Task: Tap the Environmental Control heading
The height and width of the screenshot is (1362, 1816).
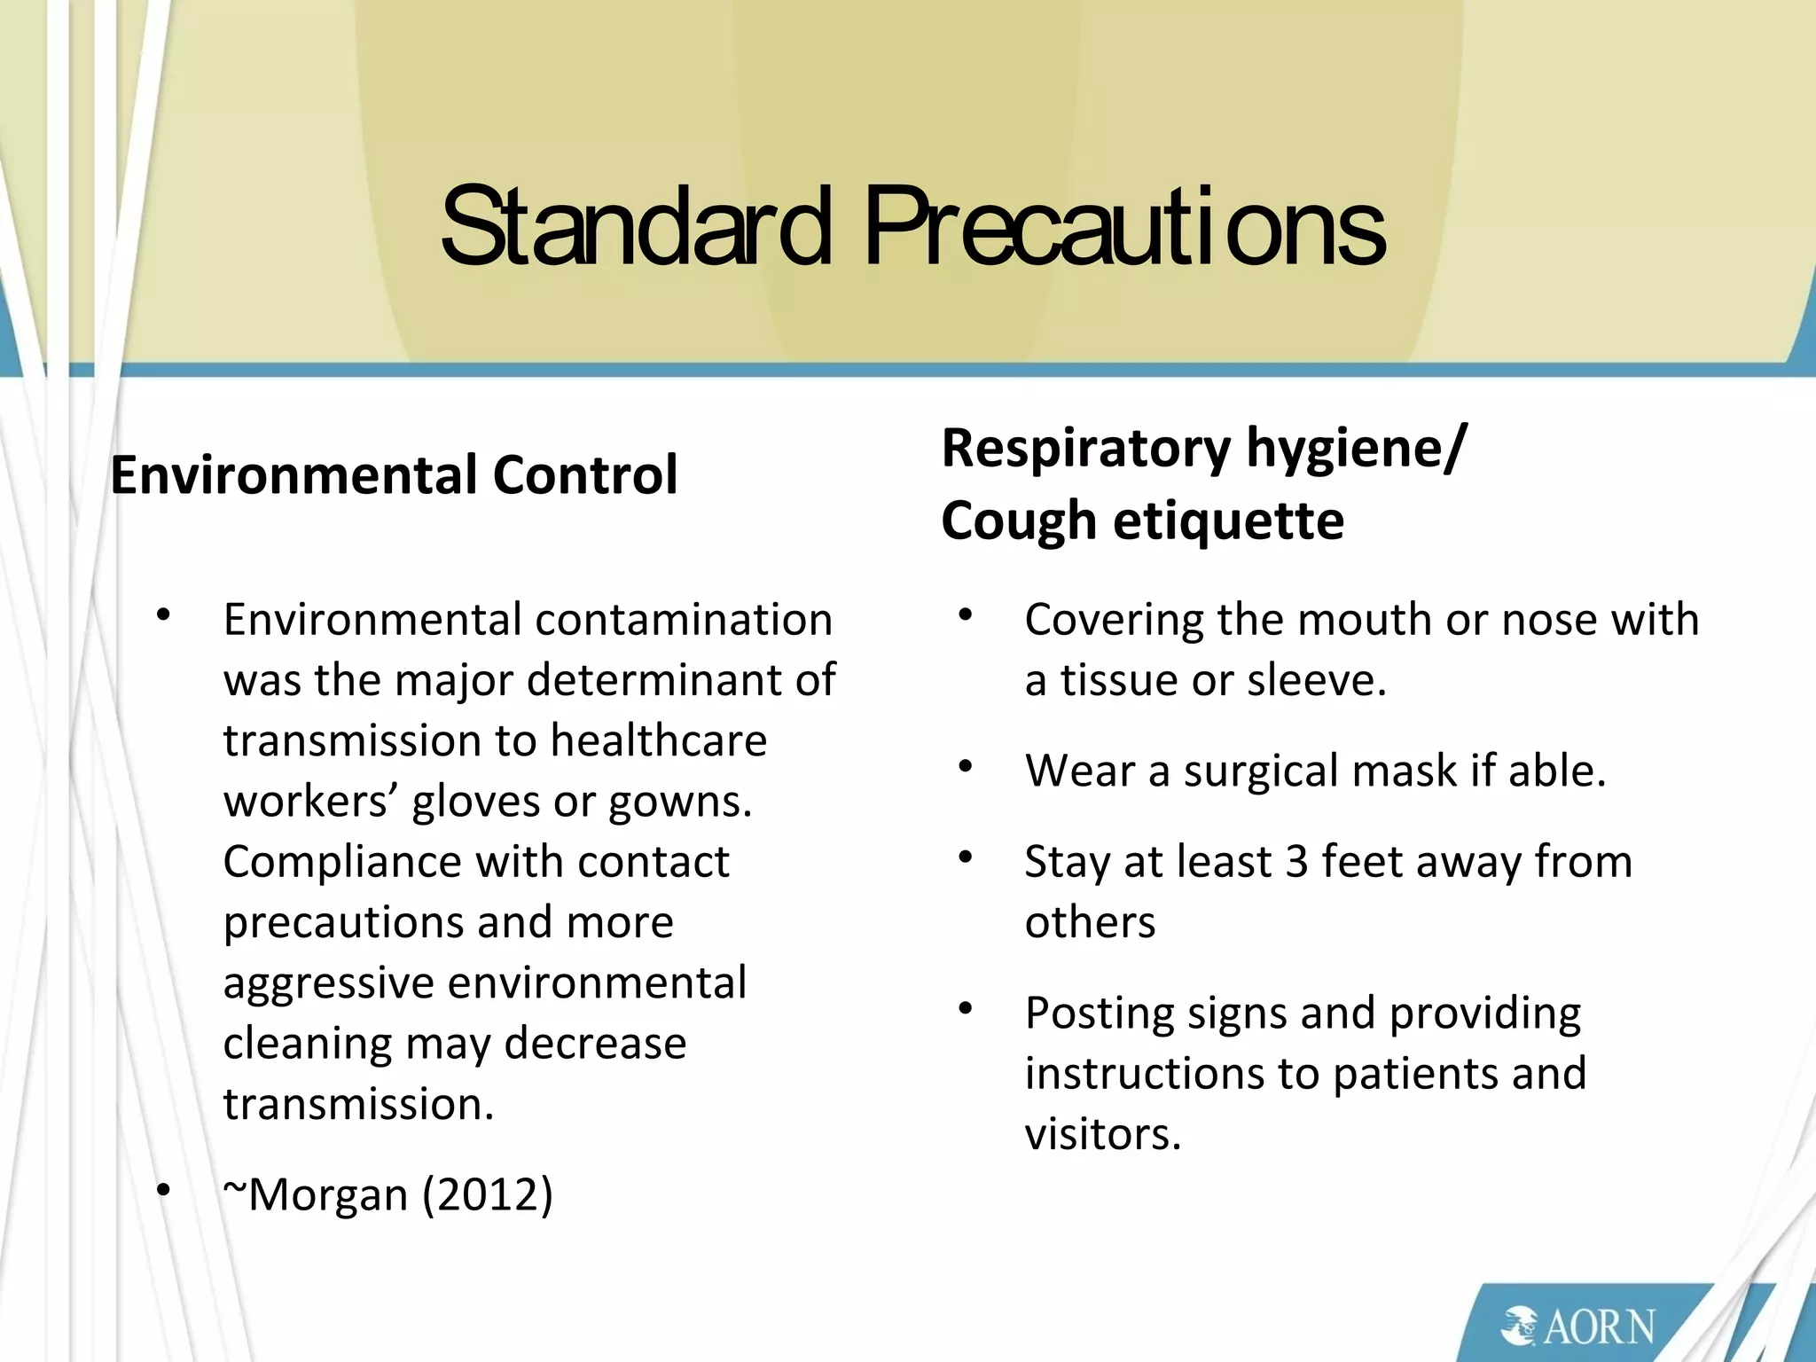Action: [394, 474]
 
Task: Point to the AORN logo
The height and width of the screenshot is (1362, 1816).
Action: [1578, 1326]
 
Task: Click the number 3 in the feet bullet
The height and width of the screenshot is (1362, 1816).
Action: [1296, 861]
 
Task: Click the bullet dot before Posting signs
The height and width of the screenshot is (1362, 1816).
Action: [966, 1009]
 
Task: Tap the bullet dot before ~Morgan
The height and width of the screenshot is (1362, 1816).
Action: [162, 1191]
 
